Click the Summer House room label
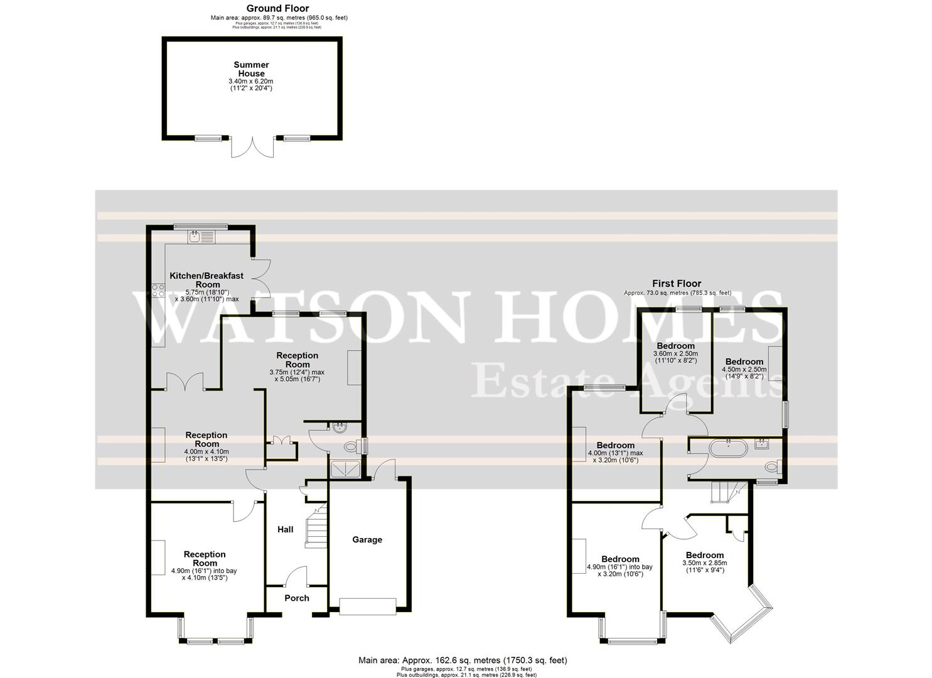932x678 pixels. (x=251, y=68)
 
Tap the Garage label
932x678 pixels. (x=367, y=539)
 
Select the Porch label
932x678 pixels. (x=297, y=598)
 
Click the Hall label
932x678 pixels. (x=286, y=529)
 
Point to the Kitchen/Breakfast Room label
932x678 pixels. (x=207, y=280)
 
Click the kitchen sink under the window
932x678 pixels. (x=200, y=236)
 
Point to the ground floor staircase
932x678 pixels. (x=315, y=524)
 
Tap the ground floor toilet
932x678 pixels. (x=355, y=446)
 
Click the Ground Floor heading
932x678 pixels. (x=277, y=8)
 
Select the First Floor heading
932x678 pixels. (x=677, y=284)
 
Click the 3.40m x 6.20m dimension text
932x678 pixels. (x=251, y=82)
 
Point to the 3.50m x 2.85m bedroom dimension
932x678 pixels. (x=705, y=563)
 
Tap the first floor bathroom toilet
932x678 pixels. (x=773, y=466)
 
